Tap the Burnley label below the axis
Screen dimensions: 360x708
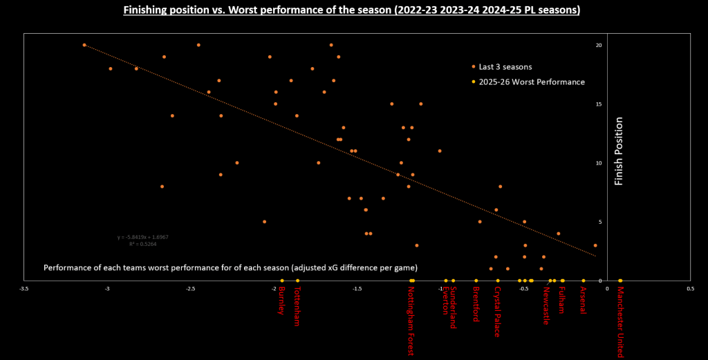pyautogui.click(x=281, y=301)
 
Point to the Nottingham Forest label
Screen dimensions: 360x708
pyautogui.click(x=412, y=321)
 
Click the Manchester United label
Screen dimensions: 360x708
pyautogui.click(x=620, y=323)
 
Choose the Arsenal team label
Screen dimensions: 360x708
pyautogui.click(x=583, y=301)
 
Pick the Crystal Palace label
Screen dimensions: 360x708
pyautogui.click(x=497, y=312)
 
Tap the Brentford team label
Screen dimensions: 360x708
pyautogui.click(x=476, y=305)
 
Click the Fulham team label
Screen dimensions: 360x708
pyautogui.click(x=562, y=301)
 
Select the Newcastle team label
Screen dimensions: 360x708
pyautogui.click(x=546, y=306)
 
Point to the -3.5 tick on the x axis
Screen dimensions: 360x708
pyautogui.click(x=24, y=289)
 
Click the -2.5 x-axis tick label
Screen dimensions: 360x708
pyautogui.click(x=190, y=289)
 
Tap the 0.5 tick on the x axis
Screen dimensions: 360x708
pyautogui.click(x=690, y=289)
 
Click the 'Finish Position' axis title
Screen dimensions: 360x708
pyautogui.click(x=619, y=152)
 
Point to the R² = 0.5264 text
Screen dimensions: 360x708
pyautogui.click(x=143, y=244)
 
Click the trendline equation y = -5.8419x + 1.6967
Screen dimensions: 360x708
pyautogui.click(x=143, y=237)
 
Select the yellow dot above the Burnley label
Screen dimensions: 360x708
pyautogui.click(x=282, y=281)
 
